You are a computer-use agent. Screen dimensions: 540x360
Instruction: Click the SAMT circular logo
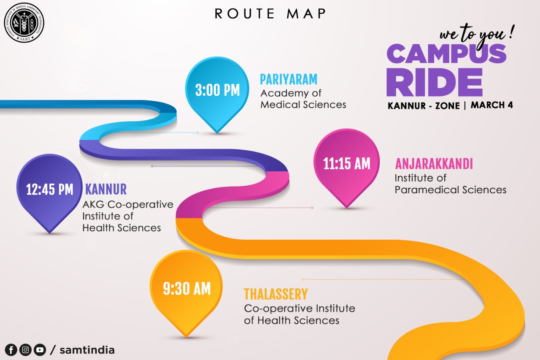[x=24, y=23]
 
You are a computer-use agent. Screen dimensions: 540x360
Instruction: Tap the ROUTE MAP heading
[x=270, y=14]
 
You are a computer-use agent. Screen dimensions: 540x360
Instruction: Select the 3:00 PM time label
[x=217, y=90]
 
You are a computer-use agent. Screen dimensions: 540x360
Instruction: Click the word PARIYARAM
[x=289, y=79]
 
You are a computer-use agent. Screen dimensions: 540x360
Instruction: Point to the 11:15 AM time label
[x=347, y=164]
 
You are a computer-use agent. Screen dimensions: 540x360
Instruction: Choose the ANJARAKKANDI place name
[x=434, y=164]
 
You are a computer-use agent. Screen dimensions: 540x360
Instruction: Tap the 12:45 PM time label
[x=50, y=189]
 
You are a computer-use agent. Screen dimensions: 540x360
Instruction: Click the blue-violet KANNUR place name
[x=106, y=189]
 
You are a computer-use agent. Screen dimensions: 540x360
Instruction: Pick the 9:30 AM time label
[x=187, y=289]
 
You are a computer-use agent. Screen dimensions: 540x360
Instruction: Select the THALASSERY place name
[x=276, y=294]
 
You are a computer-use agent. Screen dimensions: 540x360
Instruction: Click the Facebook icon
[x=11, y=350]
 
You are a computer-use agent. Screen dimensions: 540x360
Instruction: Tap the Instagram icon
[x=25, y=350]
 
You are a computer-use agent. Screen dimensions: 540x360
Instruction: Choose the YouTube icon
[x=40, y=350]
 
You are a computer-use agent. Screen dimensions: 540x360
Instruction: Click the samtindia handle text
[x=87, y=350]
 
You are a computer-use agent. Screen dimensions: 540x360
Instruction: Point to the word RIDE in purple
[x=435, y=82]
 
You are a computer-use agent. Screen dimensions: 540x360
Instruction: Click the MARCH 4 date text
[x=492, y=105]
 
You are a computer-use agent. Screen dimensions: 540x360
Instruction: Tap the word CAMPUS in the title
[x=446, y=54]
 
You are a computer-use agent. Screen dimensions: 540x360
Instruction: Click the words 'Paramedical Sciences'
[x=450, y=190]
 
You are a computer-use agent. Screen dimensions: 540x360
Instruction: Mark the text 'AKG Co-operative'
[x=128, y=204]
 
